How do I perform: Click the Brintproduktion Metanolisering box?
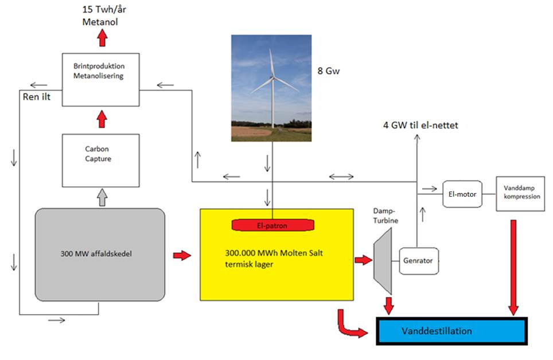pos(100,79)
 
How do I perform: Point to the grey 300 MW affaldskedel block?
pos(100,254)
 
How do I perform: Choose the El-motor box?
pos(462,194)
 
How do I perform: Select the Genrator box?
pos(419,260)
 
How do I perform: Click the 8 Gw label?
pos(329,72)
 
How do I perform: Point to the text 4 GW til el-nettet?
pos(420,125)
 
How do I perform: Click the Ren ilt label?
pos(36,96)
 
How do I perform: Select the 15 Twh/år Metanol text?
pos(103,15)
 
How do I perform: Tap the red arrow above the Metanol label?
pos(103,38)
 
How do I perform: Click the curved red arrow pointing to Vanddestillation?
pos(351,324)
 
